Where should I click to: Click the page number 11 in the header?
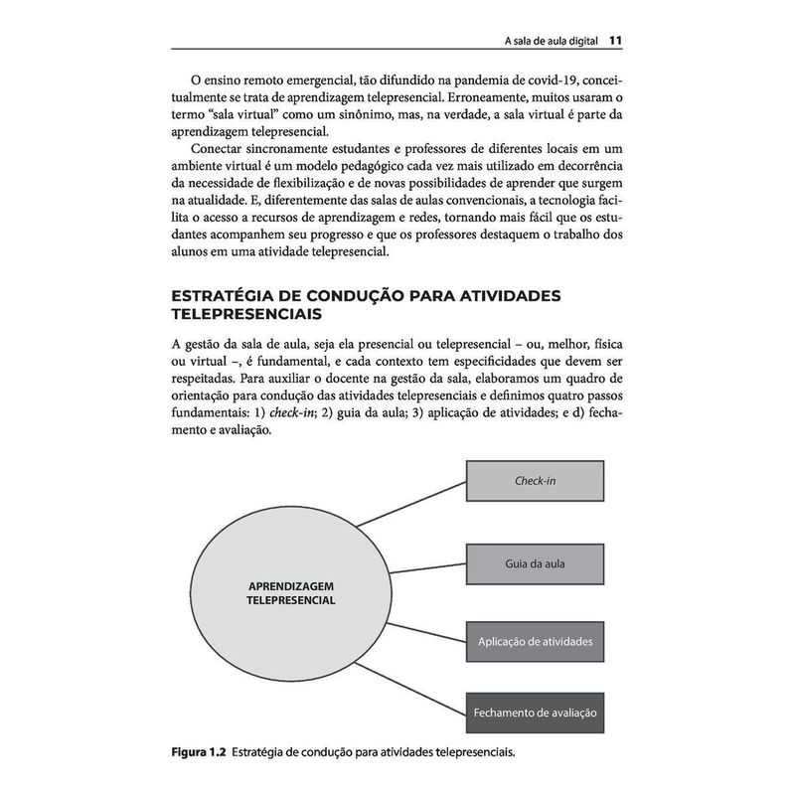[x=616, y=41]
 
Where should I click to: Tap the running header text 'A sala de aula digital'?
[x=551, y=42]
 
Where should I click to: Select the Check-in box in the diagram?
[x=535, y=481]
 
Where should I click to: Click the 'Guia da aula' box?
[x=535, y=563]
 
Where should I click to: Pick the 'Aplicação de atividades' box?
[x=535, y=642]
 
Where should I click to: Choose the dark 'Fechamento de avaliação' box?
[x=535, y=714]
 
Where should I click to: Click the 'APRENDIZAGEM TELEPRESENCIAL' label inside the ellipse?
[x=290, y=592]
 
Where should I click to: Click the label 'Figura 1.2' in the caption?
[x=198, y=752]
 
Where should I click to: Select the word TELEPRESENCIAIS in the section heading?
[x=245, y=315]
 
